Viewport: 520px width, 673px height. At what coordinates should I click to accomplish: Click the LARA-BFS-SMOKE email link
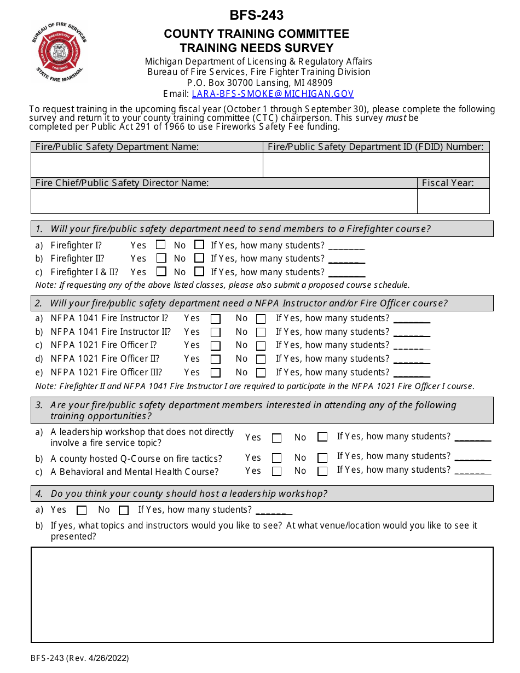tap(273, 94)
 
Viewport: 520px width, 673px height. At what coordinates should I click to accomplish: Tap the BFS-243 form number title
tap(257, 15)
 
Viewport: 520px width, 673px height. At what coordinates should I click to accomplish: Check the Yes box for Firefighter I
tap(161, 245)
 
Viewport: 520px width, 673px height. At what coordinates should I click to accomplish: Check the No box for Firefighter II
tap(199, 258)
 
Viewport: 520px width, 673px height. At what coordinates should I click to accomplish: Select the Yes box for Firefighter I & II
tap(161, 271)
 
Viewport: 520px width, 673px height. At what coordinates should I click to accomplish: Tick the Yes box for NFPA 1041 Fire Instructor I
tap(216, 318)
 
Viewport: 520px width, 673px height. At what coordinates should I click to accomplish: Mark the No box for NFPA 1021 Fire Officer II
tap(261, 359)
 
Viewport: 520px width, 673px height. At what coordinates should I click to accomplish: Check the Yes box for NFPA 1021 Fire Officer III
tap(216, 373)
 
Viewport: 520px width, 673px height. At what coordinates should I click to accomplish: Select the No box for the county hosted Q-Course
tap(322, 458)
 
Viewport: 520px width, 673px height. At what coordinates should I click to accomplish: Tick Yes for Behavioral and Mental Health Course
tap(277, 471)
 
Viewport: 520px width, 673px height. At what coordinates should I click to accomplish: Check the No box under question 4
tap(124, 510)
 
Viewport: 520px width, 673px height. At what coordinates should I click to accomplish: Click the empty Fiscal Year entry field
tap(453, 201)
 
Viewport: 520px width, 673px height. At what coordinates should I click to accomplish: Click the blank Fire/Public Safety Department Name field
tap(147, 165)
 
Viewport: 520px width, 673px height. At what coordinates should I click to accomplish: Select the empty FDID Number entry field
tap(376, 165)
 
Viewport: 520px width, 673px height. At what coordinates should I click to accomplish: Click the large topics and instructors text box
tap(262, 594)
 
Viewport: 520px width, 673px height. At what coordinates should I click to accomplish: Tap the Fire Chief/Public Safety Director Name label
tap(122, 183)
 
